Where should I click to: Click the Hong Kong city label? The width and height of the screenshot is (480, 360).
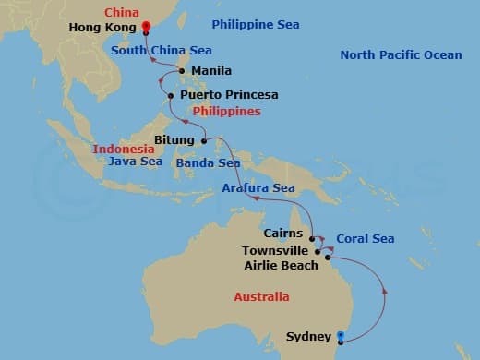click(102, 29)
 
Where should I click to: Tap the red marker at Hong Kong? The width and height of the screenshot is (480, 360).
click(146, 26)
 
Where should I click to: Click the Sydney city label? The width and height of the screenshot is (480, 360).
click(306, 336)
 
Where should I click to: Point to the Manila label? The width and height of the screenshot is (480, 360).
click(211, 70)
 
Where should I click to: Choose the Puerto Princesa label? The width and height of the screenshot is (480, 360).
click(229, 94)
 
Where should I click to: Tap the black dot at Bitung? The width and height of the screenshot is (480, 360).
click(204, 141)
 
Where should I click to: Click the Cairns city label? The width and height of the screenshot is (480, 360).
click(282, 234)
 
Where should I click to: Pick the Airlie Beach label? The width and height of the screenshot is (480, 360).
click(281, 265)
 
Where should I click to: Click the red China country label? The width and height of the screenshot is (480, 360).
click(122, 12)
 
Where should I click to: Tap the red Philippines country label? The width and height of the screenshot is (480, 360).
click(226, 111)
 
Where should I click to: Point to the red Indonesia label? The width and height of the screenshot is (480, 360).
click(124, 148)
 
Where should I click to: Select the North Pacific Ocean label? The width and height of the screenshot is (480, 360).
click(401, 55)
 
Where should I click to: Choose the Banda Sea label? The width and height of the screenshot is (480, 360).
click(207, 163)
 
